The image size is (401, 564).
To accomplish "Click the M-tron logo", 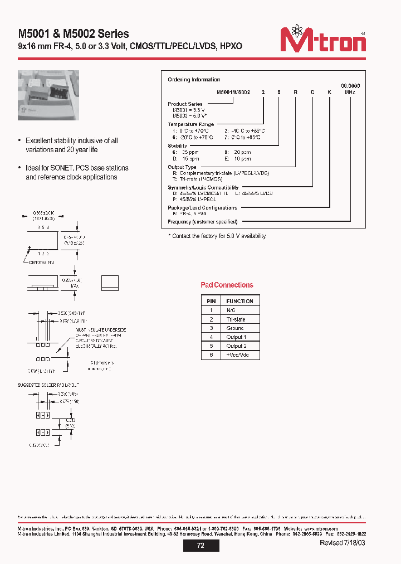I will click(x=322, y=40).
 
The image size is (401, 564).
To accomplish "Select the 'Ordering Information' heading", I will click(x=194, y=80).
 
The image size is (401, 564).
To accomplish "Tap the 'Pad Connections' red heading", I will click(x=227, y=285).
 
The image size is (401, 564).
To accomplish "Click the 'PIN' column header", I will click(x=211, y=301).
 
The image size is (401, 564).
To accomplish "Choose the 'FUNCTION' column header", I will click(x=239, y=301).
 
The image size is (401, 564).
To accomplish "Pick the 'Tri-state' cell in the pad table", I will click(x=236, y=319).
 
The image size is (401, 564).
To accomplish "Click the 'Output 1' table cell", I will click(x=236, y=337).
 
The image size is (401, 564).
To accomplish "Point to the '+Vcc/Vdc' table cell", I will click(x=239, y=355).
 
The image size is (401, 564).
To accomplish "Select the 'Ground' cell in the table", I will click(x=235, y=328).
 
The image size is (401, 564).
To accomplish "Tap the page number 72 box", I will click(x=200, y=546).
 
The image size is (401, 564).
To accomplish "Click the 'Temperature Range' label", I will click(x=190, y=124).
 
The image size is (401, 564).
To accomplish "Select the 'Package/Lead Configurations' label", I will click(x=202, y=208).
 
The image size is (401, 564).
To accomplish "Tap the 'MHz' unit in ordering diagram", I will click(x=350, y=92).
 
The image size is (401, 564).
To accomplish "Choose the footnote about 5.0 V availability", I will click(x=217, y=236).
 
